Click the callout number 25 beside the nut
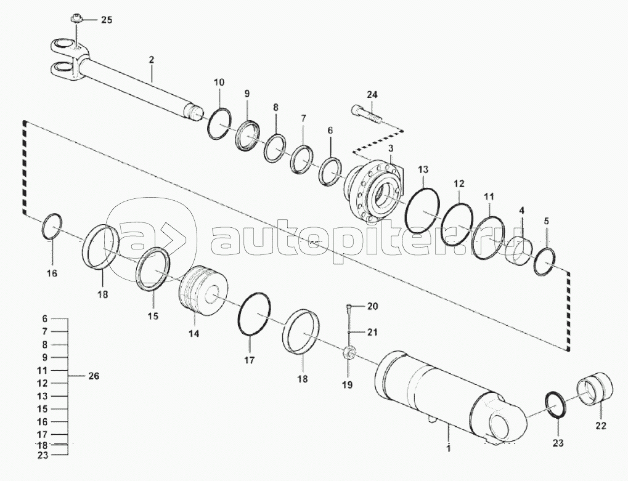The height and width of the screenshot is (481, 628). click(x=107, y=20)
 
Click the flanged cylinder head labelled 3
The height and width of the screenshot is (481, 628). click(x=374, y=190)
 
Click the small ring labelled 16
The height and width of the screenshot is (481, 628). click(x=52, y=226)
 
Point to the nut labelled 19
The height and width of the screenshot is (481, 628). click(x=349, y=354)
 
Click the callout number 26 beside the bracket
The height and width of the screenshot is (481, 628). click(x=93, y=376)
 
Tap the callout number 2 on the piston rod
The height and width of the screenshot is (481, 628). click(x=152, y=60)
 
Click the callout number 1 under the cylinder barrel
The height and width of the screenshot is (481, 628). click(x=449, y=448)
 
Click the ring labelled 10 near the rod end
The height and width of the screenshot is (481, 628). click(x=218, y=124)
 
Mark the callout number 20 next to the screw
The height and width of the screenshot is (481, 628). click(x=373, y=306)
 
